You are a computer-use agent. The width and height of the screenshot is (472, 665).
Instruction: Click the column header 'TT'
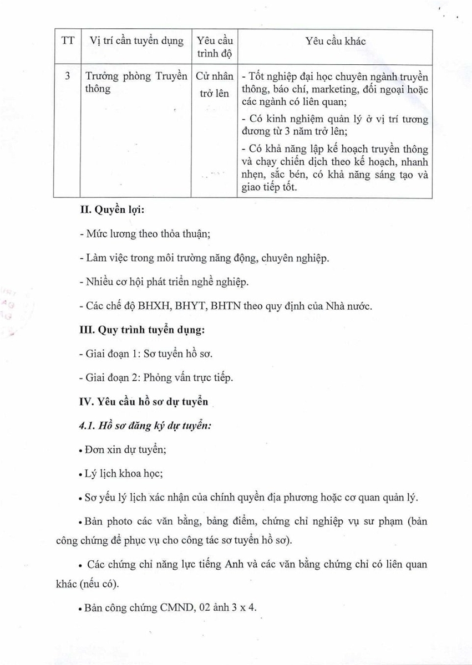[68, 42]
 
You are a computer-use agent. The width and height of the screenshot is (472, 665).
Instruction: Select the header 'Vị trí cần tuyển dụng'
[136, 42]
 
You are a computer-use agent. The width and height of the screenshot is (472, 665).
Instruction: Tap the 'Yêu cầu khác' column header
[336, 42]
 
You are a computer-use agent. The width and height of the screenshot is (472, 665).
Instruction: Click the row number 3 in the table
[68, 76]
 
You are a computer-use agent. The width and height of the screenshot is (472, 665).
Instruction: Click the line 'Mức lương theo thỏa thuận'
[145, 234]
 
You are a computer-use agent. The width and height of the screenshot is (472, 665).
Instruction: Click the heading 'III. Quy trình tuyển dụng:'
[142, 330]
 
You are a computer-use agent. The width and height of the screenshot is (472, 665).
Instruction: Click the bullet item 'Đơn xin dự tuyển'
[125, 450]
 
